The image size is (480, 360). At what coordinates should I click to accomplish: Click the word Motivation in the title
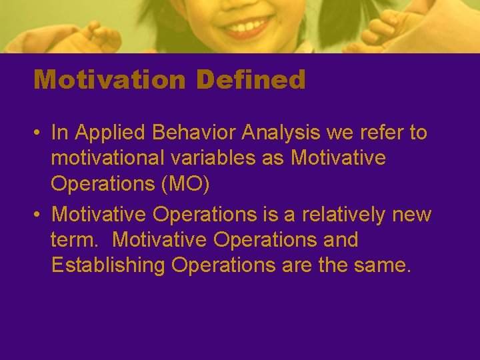[x=109, y=80]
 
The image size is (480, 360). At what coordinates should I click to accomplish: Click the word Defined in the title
[x=250, y=80]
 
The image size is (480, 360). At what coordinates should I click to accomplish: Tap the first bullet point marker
[x=37, y=133]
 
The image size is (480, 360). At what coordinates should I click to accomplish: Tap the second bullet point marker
[x=37, y=215]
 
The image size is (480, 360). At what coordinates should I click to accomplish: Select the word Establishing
[x=108, y=265]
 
